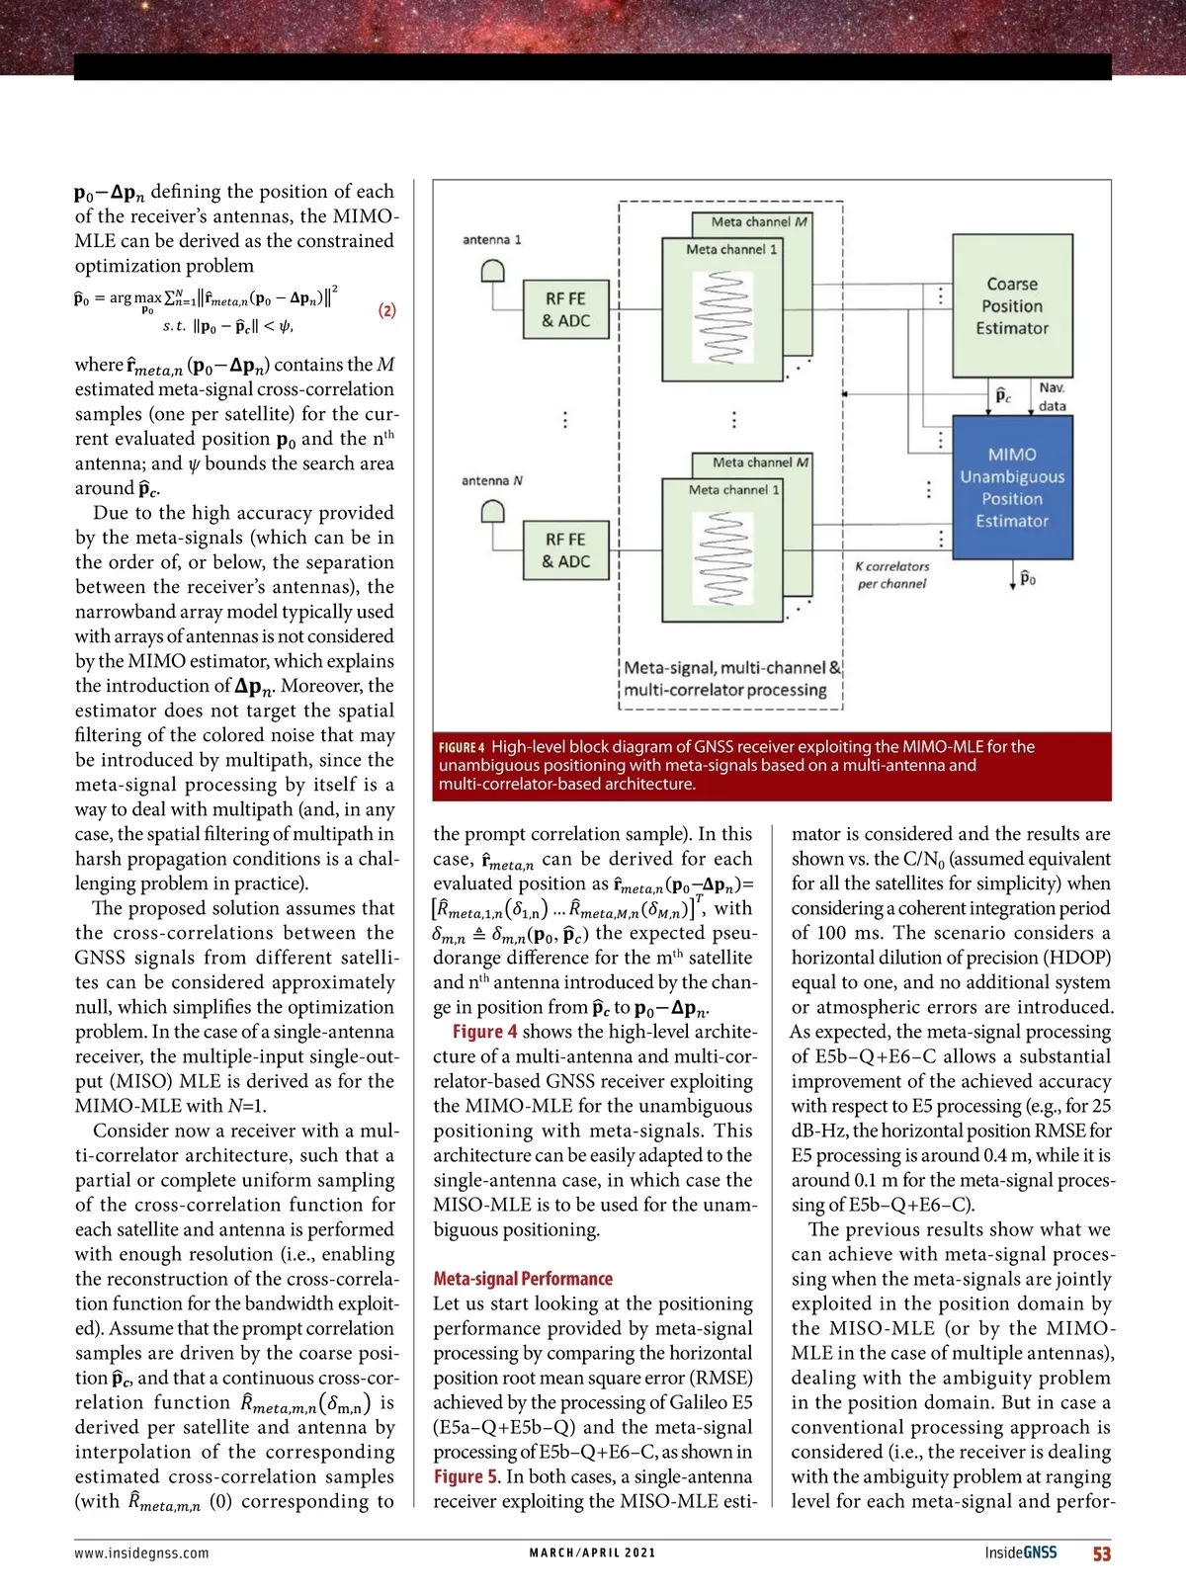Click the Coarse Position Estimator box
pyautogui.click(x=1012, y=305)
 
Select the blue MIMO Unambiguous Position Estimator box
pyautogui.click(x=1012, y=487)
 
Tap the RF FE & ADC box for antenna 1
pyautogui.click(x=566, y=309)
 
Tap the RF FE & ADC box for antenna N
pyautogui.click(x=566, y=550)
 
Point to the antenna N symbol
pyautogui.click(x=492, y=513)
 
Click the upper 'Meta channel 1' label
pyautogui.click(x=731, y=250)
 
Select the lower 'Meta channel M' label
pyautogui.click(x=760, y=462)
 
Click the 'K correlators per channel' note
pyautogui.click(x=891, y=575)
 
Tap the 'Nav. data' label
pyautogui.click(x=1052, y=397)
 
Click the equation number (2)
pyautogui.click(x=387, y=310)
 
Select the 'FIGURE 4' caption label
pyautogui.click(x=462, y=748)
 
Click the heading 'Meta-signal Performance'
pyautogui.click(x=523, y=1279)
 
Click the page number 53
pyautogui.click(x=1101, y=1553)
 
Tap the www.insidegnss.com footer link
pyautogui.click(x=141, y=1553)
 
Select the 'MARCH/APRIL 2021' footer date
pyautogui.click(x=592, y=1553)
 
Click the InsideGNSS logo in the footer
pyautogui.click(x=1020, y=1553)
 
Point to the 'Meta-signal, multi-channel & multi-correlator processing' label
pyautogui.click(x=730, y=679)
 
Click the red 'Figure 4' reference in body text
pyautogui.click(x=484, y=1032)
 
